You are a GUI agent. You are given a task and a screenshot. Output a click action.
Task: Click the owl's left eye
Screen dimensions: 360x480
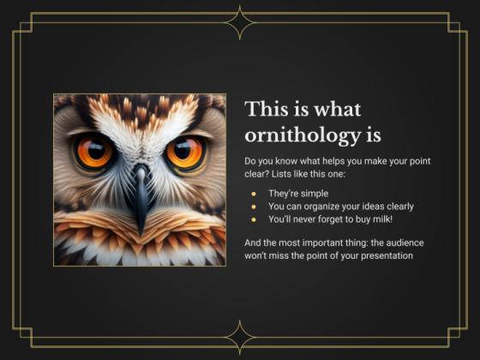click(93, 153)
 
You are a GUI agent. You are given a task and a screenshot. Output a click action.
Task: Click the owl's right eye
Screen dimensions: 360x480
click(184, 153)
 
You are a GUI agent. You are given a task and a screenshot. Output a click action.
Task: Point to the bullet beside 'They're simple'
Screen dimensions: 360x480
click(253, 193)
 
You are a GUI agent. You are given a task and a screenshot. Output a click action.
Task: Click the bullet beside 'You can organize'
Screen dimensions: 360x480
click(253, 206)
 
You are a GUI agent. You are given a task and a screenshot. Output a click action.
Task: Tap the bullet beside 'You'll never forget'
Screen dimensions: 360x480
click(253, 219)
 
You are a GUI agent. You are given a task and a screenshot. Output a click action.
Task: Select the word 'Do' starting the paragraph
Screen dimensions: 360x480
click(250, 161)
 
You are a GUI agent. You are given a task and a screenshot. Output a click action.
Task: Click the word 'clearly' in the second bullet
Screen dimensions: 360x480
click(399, 206)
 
